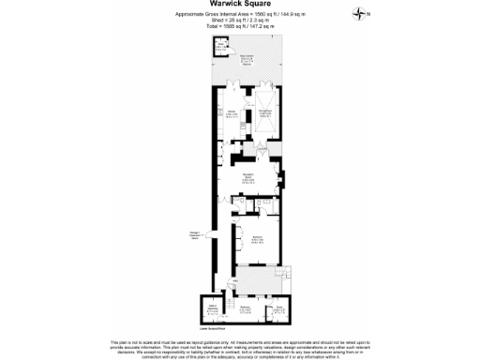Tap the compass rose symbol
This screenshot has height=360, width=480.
358,13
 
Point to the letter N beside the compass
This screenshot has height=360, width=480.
368,14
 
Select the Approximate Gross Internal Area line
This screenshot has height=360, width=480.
239,14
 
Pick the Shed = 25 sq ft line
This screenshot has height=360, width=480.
239,22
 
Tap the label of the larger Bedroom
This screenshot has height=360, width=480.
256,240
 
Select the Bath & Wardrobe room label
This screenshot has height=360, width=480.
212,308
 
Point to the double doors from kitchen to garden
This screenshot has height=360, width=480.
232,86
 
